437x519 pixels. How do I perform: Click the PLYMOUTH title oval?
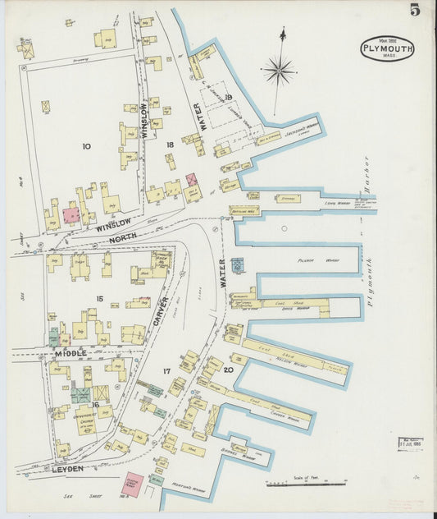pos(387,49)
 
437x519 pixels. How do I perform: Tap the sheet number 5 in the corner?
pos(416,11)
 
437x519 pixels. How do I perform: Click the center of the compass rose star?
pos(280,71)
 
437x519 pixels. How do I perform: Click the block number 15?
pos(99,299)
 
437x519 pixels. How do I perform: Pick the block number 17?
pos(166,371)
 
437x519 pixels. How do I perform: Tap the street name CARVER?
pos(162,310)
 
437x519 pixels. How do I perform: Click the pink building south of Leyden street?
pos(132,484)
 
